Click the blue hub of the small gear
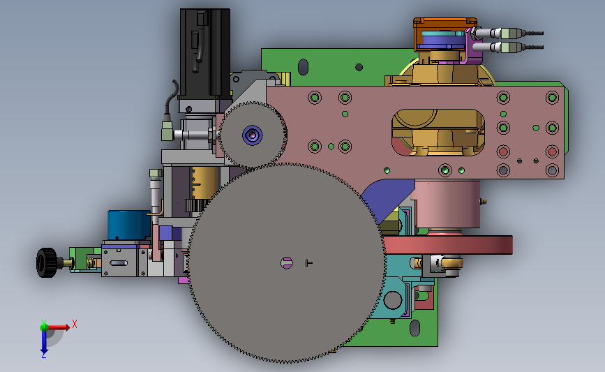pyautogui.click(x=253, y=135)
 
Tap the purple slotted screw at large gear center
pyautogui.click(x=286, y=263)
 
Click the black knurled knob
pyautogui.click(x=46, y=263)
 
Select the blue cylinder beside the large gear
pyautogui.click(x=128, y=225)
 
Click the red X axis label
pyautogui.click(x=75, y=324)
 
